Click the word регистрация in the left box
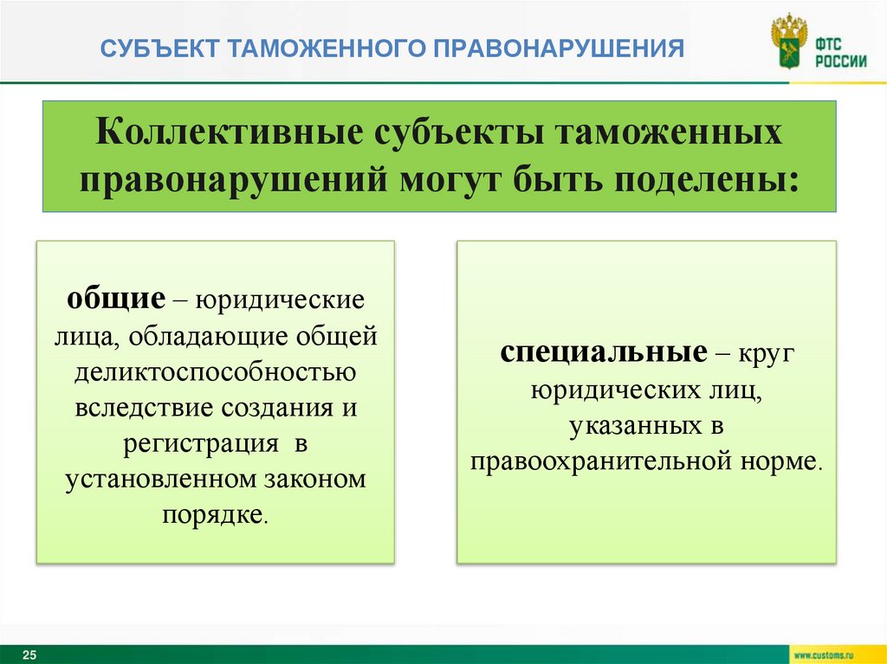(x=199, y=442)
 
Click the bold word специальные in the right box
(x=600, y=353)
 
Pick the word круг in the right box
(x=768, y=353)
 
